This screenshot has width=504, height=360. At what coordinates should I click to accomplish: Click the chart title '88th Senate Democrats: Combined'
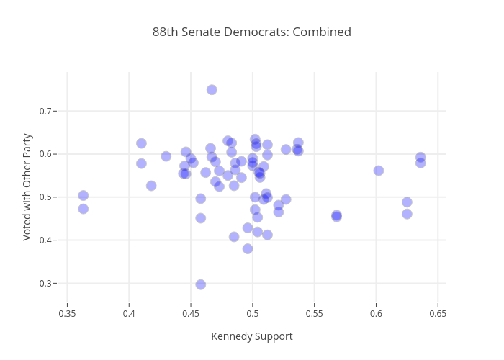pyautogui.click(x=251, y=32)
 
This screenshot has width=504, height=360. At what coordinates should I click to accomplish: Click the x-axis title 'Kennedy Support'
pyautogui.click(x=251, y=336)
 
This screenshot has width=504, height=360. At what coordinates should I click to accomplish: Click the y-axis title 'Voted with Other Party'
pyautogui.click(x=27, y=186)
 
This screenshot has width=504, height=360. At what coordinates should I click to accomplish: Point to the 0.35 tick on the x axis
pyautogui.click(x=67, y=314)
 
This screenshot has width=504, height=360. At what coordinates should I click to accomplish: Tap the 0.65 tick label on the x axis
pyautogui.click(x=437, y=314)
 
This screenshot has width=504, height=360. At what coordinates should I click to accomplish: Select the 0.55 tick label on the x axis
pyautogui.click(x=314, y=314)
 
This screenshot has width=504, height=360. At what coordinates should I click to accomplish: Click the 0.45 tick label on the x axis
pyautogui.click(x=191, y=314)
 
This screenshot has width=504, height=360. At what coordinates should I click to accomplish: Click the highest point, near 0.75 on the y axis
pyautogui.click(x=212, y=90)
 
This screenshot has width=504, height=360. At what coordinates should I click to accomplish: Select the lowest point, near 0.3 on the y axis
pyautogui.click(x=201, y=284)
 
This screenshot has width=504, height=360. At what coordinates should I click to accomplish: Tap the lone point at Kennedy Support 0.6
pyautogui.click(x=379, y=171)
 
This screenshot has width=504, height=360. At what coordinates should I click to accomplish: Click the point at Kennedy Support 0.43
pyautogui.click(x=166, y=156)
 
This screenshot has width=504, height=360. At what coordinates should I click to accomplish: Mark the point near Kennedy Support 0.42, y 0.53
pyautogui.click(x=151, y=186)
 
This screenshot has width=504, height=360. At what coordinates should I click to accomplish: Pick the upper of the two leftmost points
pyautogui.click(x=84, y=196)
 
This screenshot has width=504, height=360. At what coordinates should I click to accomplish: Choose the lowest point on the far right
pyautogui.click(x=407, y=214)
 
